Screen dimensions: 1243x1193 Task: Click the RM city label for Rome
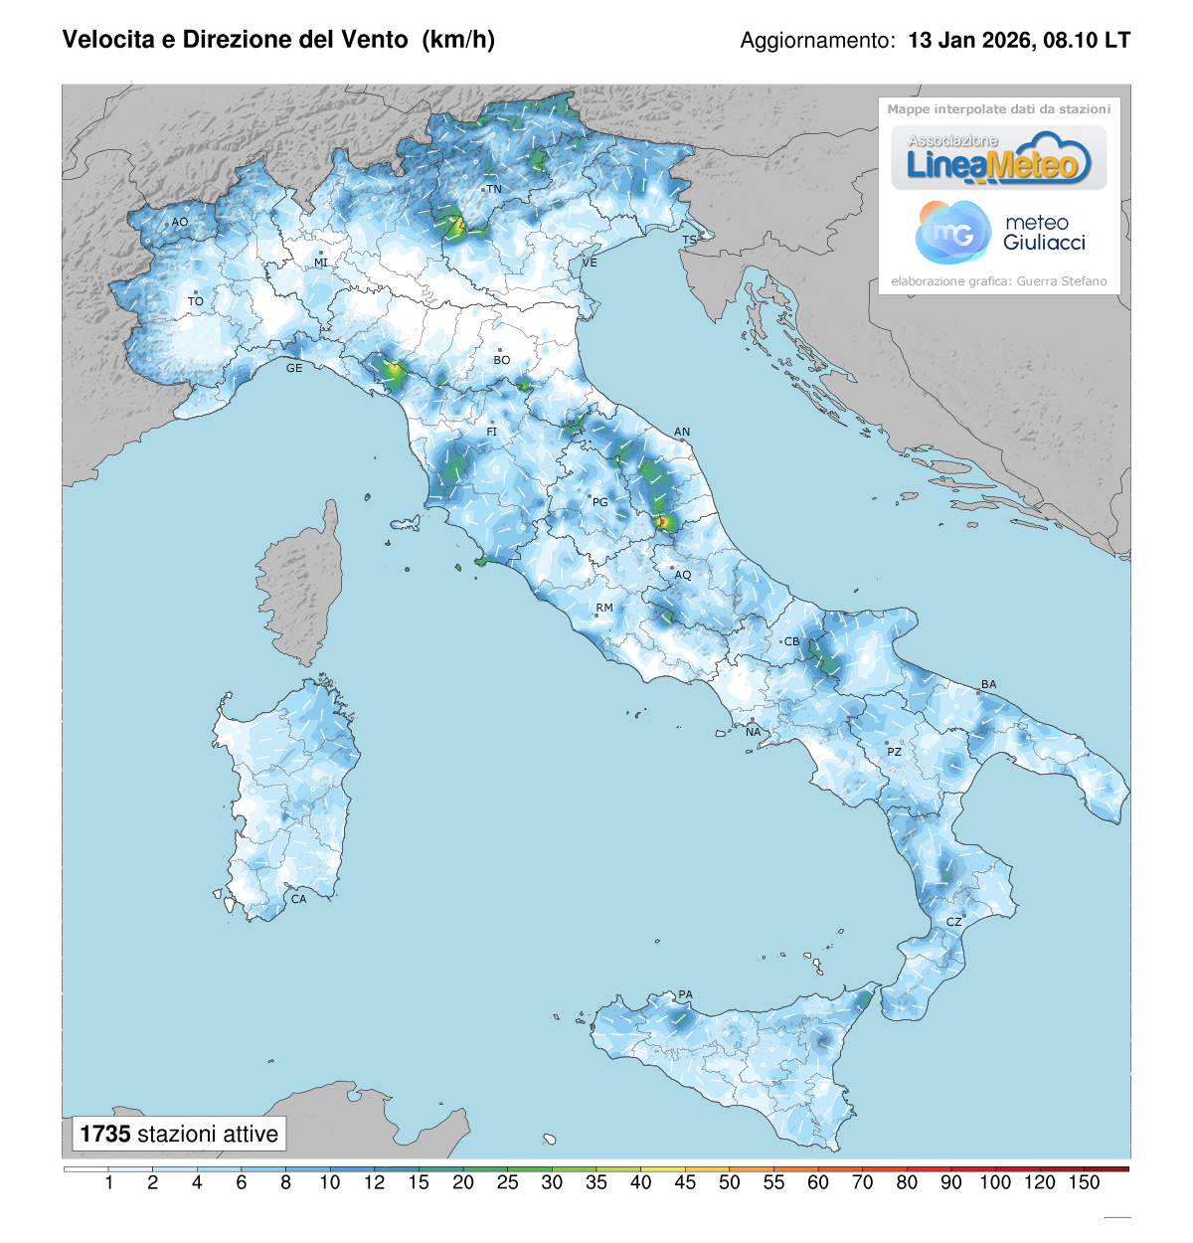coord(604,608)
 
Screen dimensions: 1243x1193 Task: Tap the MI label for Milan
coord(321,263)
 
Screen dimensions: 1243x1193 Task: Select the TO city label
coord(196,301)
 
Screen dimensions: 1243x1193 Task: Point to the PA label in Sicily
coord(685,994)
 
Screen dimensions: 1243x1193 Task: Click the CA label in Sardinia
coord(298,899)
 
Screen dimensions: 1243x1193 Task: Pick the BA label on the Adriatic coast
coord(988,684)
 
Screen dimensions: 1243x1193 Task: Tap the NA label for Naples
coord(754,732)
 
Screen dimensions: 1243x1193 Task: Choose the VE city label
coord(590,263)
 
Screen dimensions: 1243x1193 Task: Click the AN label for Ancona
coord(682,432)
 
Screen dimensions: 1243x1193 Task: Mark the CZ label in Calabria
coord(953,922)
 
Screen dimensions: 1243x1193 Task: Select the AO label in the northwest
coord(180,222)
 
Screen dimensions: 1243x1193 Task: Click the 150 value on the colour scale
coord(1084,1182)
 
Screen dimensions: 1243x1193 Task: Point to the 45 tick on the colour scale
coord(685,1182)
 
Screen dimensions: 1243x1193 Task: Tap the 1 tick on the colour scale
coord(108,1182)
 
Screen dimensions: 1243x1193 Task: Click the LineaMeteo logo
coord(998,159)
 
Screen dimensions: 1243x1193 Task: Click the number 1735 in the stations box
coord(105,1134)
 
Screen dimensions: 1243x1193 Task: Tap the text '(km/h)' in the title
coord(458,40)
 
